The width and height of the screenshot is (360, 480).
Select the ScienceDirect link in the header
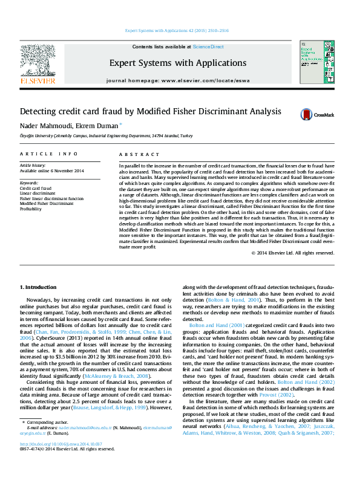coord(208,47)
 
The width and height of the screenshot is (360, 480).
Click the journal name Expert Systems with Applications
coord(177,63)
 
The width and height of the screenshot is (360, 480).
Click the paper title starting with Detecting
coord(142,112)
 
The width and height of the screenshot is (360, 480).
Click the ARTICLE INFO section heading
coord(49,155)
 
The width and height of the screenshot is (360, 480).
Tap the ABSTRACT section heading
coord(135,155)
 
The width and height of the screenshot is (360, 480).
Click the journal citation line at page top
coord(177,30)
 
